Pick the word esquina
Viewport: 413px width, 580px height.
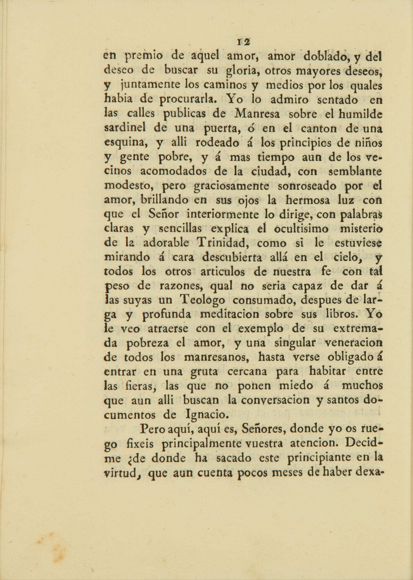(125, 143)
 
